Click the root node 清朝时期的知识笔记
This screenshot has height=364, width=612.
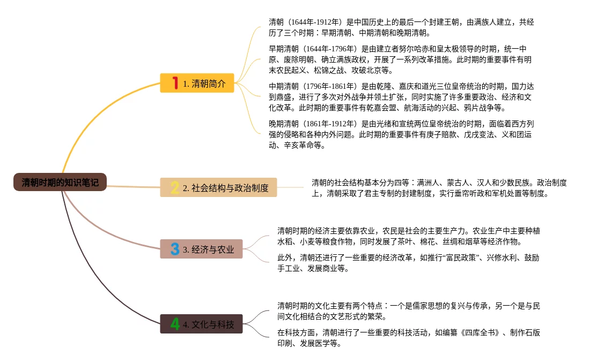click(60, 182)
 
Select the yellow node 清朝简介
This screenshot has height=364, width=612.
click(197, 83)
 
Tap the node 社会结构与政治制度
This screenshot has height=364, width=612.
click(219, 187)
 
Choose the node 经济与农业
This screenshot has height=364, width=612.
click(201, 249)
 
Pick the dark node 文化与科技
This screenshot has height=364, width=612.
click(201, 324)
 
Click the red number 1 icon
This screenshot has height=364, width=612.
click(175, 82)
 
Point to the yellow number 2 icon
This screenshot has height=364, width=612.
click(175, 187)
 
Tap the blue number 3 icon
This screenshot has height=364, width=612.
click(175, 249)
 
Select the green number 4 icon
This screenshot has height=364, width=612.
click(175, 324)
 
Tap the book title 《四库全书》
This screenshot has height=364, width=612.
click(480, 332)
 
